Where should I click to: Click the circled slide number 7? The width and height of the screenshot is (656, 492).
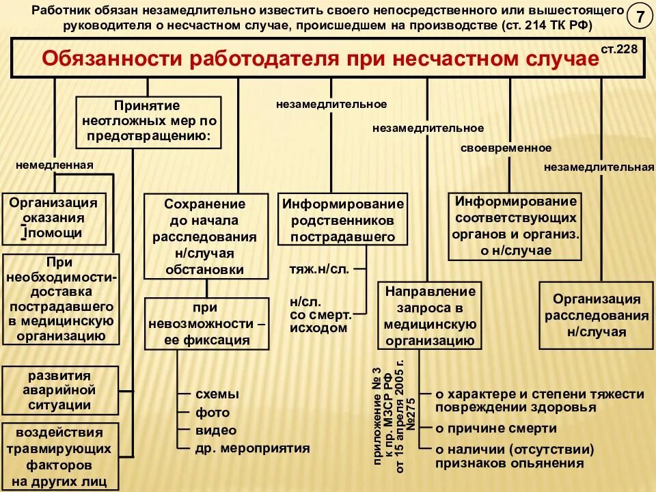[x=640, y=18]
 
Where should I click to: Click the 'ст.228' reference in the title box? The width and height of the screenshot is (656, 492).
[x=620, y=50]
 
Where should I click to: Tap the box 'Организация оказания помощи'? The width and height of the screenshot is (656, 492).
[x=55, y=218]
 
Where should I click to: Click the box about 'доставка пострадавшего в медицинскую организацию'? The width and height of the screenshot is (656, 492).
[x=61, y=299]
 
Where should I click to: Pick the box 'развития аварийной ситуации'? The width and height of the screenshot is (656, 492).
[x=60, y=390]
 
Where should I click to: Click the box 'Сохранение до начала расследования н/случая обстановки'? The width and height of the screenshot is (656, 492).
[x=204, y=236]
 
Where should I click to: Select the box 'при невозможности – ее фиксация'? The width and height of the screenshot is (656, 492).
[x=204, y=323]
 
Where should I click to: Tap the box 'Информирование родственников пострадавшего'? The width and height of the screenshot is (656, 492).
[x=343, y=220]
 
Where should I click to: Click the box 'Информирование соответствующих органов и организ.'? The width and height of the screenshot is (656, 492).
[x=516, y=225]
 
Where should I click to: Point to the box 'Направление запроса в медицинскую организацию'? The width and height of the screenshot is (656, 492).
[x=430, y=315]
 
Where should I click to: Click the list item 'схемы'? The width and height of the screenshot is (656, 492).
[x=217, y=394]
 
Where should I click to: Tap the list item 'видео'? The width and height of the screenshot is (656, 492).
[x=216, y=430]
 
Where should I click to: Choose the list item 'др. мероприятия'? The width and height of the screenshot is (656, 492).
[x=253, y=448]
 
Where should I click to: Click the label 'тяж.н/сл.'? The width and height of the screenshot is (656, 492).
[x=319, y=269]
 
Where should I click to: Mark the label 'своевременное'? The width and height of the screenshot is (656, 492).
[x=506, y=148]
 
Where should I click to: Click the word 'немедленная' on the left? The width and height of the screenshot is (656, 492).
[x=55, y=165]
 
